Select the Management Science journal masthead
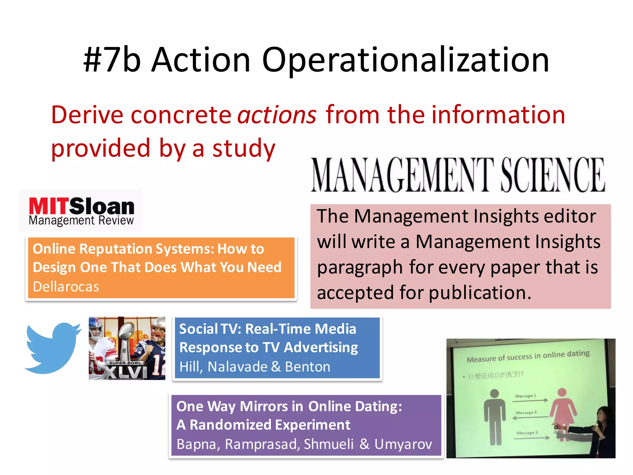(x=457, y=175)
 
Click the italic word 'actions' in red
(x=277, y=115)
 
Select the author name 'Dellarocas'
(x=66, y=287)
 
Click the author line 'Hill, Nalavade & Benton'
(x=255, y=367)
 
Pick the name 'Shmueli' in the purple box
(x=329, y=444)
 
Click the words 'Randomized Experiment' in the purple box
(x=270, y=425)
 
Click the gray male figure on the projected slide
(x=495, y=417)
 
